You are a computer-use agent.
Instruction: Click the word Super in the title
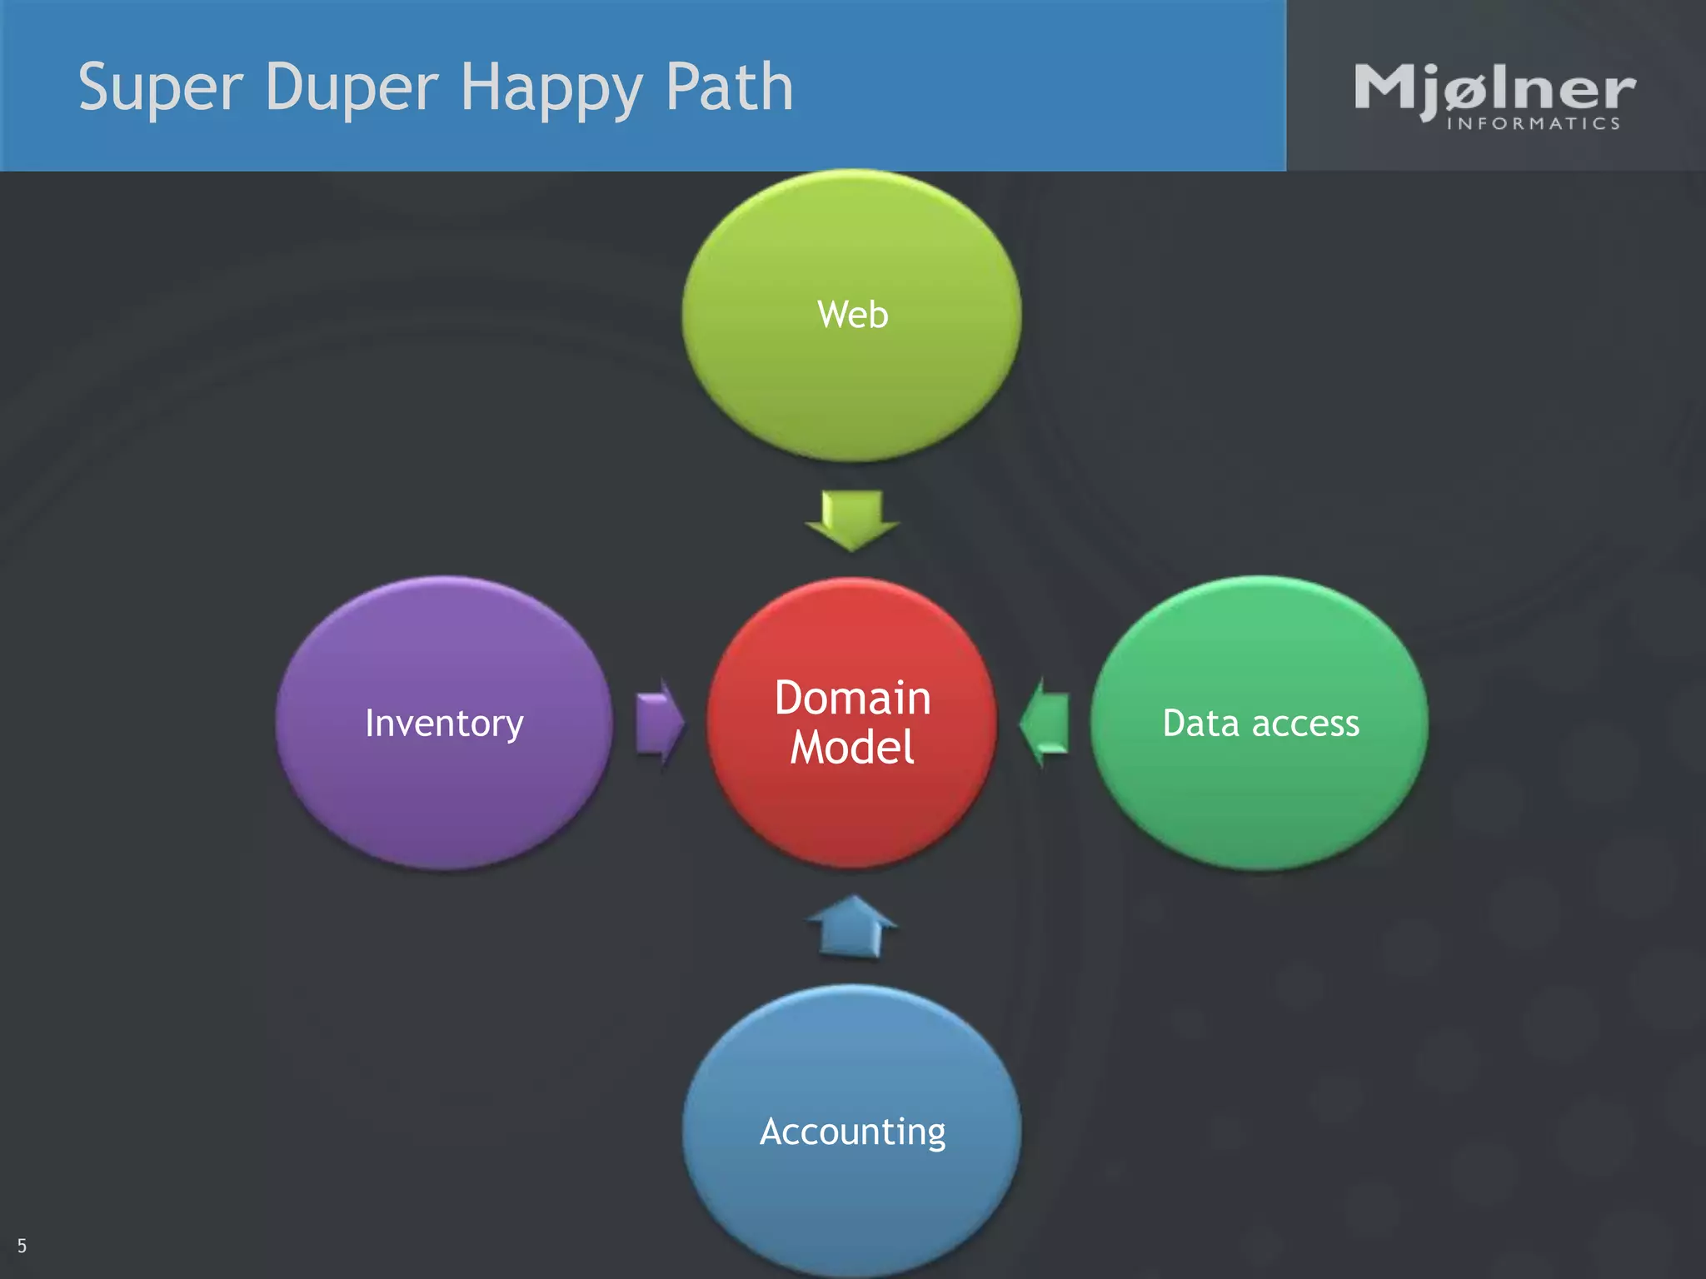[160, 88]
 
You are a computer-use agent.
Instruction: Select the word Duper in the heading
[352, 88]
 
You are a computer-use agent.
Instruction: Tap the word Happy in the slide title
[551, 88]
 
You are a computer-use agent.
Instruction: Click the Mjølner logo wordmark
[1494, 89]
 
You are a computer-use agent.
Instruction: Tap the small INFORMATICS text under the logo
[1534, 124]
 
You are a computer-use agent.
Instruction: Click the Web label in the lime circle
[852, 315]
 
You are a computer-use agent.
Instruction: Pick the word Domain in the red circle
[852, 698]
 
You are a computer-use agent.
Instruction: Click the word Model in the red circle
[852, 747]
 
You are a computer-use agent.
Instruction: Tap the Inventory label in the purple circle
[444, 723]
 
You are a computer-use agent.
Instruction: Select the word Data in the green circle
[1200, 723]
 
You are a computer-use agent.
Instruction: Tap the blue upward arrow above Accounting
[852, 926]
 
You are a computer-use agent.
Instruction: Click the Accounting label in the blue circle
[852, 1132]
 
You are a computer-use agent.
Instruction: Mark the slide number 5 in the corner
[22, 1247]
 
